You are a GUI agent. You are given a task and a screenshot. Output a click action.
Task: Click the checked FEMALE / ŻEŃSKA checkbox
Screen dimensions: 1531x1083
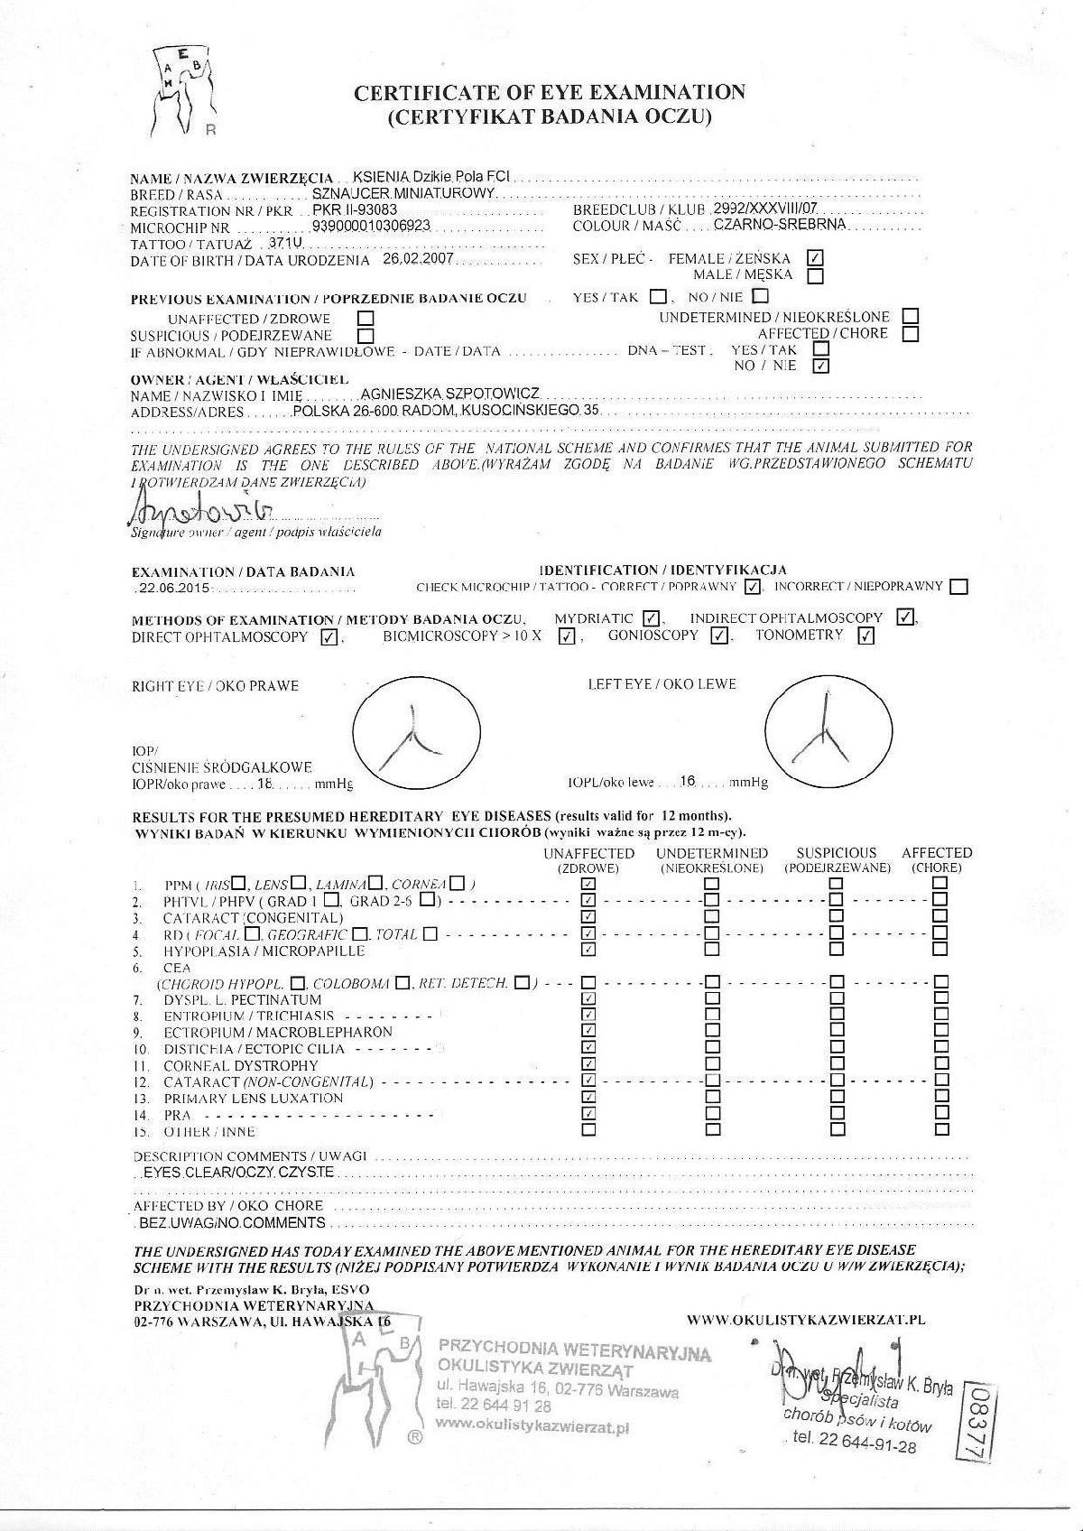pos(815,258)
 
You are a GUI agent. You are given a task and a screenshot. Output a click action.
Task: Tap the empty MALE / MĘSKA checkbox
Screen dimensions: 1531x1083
pos(815,275)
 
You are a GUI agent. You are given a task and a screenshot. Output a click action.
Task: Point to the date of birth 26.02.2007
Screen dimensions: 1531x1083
pos(417,259)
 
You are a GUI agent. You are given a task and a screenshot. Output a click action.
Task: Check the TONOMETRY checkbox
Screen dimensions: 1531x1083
pos(865,636)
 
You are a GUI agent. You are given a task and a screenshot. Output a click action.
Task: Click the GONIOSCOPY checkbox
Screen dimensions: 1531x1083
pos(718,636)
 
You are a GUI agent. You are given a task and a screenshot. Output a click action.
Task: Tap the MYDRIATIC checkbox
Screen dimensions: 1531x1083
pos(651,618)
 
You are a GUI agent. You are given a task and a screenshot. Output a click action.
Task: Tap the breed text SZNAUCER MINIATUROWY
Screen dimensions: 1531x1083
pos(403,193)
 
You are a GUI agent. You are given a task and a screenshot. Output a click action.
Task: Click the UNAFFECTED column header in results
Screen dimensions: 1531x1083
pos(588,859)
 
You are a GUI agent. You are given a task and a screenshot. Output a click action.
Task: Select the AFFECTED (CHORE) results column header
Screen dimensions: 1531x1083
pos(936,859)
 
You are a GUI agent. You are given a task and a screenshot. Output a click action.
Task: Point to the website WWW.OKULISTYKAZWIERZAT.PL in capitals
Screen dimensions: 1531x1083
pos(806,1320)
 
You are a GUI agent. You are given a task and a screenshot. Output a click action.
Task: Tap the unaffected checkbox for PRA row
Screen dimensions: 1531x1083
pos(588,1113)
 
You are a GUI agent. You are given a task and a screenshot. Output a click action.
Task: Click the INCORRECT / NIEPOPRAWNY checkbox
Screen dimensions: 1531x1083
pos(958,587)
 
